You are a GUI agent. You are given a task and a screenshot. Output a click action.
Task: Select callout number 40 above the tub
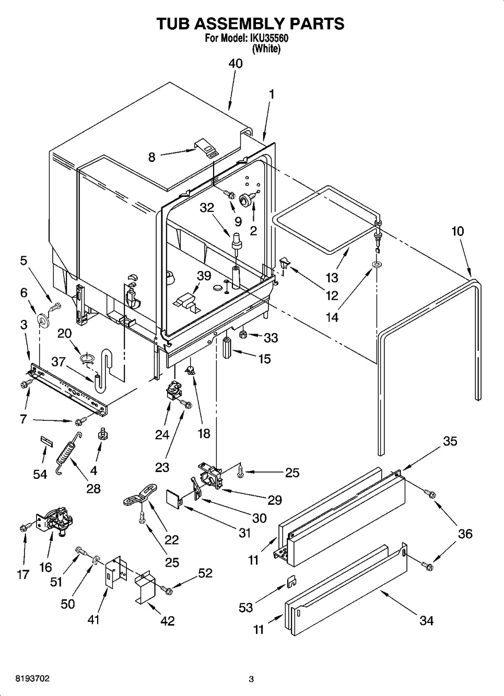235,64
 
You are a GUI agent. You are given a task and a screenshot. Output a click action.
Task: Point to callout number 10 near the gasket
458,231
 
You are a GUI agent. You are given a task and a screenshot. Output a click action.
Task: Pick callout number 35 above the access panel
450,441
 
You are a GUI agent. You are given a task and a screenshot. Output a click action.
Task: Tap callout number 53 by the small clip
245,607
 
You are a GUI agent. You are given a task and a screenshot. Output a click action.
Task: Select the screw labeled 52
168,589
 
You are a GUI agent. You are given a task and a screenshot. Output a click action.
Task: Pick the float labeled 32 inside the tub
237,241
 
